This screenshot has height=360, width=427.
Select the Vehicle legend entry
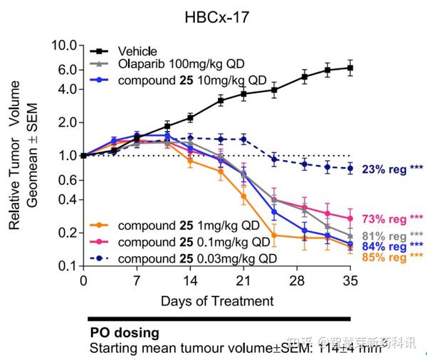click(137, 51)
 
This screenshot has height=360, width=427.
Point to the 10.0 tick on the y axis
click(64, 46)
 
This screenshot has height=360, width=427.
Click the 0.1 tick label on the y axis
click(68, 266)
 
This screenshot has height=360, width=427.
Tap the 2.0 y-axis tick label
click(68, 122)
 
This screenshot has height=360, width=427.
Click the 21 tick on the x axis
click(243, 280)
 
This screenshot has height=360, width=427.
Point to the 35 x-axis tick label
click(349, 280)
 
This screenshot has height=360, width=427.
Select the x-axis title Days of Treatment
click(216, 301)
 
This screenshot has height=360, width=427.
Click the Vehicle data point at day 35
click(349, 68)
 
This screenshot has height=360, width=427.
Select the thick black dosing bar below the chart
click(218, 319)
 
